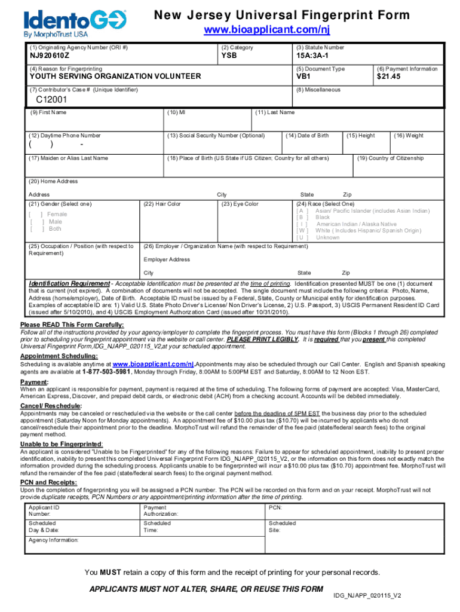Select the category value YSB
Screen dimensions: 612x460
(229, 57)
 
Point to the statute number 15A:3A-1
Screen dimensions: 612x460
(312, 57)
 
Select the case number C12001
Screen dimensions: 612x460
(50, 100)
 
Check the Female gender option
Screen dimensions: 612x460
(36, 214)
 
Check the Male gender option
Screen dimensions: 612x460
(36, 222)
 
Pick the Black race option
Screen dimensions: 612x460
(302, 218)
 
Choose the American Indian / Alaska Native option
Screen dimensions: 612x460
(302, 225)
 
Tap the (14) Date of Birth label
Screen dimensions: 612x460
(308, 136)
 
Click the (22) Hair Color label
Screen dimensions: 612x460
(162, 204)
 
